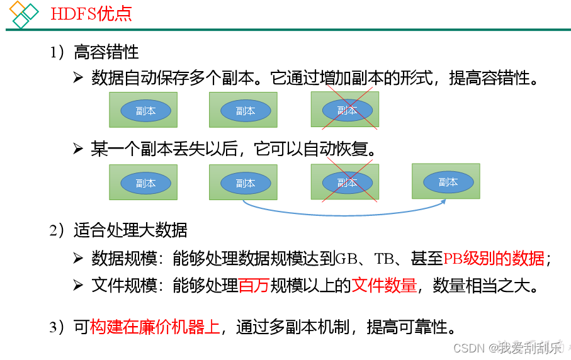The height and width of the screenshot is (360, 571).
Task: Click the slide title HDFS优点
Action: [91, 13]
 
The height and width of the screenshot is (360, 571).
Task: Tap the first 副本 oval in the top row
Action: [145, 111]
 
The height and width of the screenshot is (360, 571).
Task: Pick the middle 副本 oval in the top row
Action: [245, 111]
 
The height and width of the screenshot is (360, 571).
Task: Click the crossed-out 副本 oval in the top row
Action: [347, 110]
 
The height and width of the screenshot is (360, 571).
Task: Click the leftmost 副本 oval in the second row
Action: [145, 183]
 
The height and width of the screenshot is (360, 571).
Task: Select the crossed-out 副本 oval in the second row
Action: [347, 183]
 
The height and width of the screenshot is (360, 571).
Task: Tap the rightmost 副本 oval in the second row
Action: [448, 182]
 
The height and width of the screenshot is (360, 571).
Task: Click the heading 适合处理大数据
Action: [130, 230]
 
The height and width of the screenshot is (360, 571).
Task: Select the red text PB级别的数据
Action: [494, 258]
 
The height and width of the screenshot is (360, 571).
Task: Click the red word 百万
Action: [254, 286]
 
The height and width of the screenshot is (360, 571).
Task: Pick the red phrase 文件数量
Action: [384, 286]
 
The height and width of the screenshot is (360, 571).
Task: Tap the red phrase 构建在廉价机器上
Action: [155, 327]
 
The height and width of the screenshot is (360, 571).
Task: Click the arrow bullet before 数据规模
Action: [77, 258]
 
